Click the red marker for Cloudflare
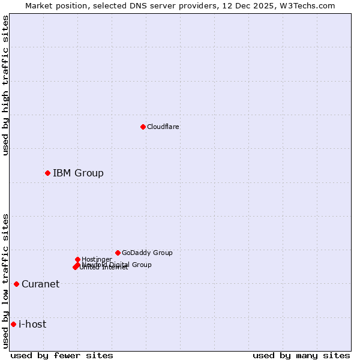[x=143, y=127]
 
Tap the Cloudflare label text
[x=163, y=127]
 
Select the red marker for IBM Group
[x=47, y=173]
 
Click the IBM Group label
[x=78, y=173]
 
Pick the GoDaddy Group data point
[x=118, y=253]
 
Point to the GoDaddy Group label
[x=147, y=253]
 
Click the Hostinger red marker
[x=77, y=259]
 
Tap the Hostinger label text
[x=97, y=259]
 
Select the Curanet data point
[x=16, y=284]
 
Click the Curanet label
[x=40, y=284]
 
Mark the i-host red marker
[x=13, y=324]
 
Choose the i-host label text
[x=32, y=325]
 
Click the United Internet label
[x=104, y=268]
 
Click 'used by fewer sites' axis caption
[x=62, y=355]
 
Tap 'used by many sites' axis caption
[x=301, y=355]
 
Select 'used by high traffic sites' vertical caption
[x=5, y=85]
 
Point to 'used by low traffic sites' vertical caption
[x=5, y=281]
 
